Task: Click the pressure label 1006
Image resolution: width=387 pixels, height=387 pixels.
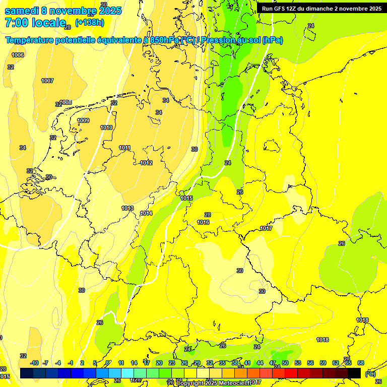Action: click(18, 55)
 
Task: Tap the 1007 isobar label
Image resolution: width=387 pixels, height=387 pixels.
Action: click(47, 81)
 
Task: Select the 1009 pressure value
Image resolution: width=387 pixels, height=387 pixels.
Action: click(83, 120)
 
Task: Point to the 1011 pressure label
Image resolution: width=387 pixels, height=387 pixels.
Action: click(125, 148)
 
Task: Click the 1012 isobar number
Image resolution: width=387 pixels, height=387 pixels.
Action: click(146, 163)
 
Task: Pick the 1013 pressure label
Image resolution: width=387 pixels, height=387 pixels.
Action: click(127, 208)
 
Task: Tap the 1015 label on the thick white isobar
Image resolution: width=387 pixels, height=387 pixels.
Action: click(186, 198)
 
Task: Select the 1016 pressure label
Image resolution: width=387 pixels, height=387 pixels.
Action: click(203, 222)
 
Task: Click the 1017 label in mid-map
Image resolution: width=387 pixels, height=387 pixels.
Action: click(266, 229)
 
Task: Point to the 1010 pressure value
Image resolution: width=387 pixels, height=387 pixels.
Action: click(106, 127)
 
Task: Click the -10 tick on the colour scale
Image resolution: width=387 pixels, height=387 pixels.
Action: click(34, 363)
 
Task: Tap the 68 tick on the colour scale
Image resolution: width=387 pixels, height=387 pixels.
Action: click(361, 363)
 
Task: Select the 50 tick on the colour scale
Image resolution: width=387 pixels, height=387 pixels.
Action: click(285, 363)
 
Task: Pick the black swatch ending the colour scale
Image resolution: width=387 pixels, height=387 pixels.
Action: click(354, 373)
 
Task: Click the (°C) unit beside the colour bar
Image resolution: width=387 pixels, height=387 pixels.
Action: click(370, 373)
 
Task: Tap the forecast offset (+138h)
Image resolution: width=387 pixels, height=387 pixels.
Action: click(89, 23)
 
